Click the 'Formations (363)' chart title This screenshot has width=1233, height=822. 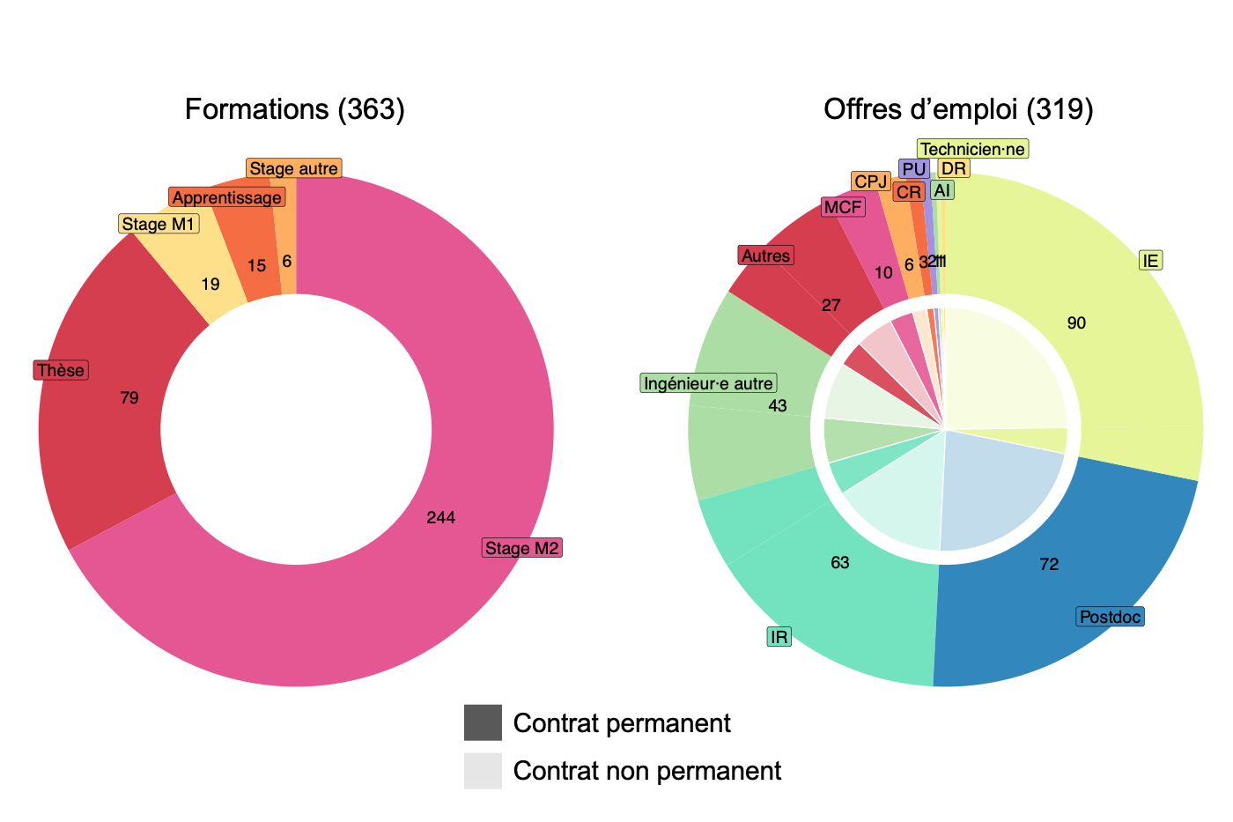(x=295, y=109)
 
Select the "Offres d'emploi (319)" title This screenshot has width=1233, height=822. (x=958, y=109)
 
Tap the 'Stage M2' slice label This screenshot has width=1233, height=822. (x=522, y=548)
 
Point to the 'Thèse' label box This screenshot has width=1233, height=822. (x=61, y=370)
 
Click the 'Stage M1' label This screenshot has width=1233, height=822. (x=159, y=224)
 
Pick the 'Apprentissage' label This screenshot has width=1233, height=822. (x=226, y=197)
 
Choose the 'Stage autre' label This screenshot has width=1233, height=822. (x=293, y=168)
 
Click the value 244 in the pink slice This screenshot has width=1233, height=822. (x=440, y=518)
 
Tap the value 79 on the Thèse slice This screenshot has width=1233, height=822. (x=129, y=398)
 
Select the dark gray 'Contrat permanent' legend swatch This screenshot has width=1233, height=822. (x=483, y=722)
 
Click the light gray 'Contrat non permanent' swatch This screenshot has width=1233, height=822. (x=483, y=771)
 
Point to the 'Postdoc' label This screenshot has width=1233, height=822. (x=1110, y=617)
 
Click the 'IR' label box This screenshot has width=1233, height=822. (x=779, y=637)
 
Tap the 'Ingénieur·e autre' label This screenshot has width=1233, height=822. (x=708, y=383)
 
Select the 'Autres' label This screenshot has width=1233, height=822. (x=765, y=255)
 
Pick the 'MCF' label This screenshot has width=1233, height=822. (x=843, y=207)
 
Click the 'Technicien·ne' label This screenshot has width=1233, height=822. (x=972, y=149)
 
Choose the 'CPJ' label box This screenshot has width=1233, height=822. (x=871, y=181)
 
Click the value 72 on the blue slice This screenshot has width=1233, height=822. (x=1049, y=565)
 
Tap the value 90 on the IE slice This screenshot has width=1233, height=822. (x=1076, y=323)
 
